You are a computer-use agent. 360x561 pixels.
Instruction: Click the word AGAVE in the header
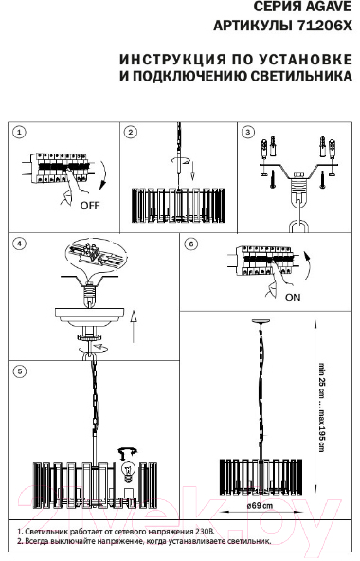coord(327,7)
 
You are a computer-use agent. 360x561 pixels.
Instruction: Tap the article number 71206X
coord(325,26)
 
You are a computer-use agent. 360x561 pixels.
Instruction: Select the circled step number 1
coord(19,133)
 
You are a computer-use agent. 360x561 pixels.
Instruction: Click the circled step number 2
coord(130,133)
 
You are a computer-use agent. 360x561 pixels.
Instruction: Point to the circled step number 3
coord(247,133)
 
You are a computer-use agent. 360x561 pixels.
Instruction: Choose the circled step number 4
coord(19,244)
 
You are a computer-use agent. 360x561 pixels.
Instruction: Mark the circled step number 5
coord(19,371)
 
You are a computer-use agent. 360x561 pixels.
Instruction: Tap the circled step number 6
coord(191,244)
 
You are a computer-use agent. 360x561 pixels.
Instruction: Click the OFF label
coord(90,206)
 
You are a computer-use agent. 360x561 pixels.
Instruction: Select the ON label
coord(293,298)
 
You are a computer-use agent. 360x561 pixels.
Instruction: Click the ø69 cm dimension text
coord(260,506)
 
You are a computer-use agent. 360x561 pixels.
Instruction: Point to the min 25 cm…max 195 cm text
coord(322,407)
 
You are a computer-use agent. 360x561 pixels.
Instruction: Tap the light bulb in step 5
coord(128,471)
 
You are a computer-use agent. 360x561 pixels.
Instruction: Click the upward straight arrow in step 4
coord(134,326)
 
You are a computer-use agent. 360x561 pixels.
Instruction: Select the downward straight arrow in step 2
coord(192,171)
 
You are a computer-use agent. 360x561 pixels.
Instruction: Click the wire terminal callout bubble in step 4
coord(97,254)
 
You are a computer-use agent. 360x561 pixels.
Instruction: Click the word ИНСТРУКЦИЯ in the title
coord(172,60)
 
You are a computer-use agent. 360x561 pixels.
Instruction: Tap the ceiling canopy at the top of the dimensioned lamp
coord(262,321)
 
